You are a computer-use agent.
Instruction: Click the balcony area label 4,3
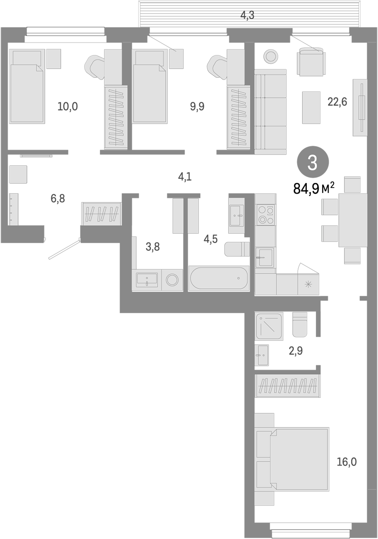(x=247, y=15)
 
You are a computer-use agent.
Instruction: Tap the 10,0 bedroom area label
(x=68, y=106)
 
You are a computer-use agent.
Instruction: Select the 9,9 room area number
(x=197, y=106)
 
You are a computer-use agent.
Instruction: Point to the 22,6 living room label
(x=337, y=102)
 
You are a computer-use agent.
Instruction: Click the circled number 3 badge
(x=313, y=163)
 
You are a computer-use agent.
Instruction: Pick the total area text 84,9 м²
(x=314, y=189)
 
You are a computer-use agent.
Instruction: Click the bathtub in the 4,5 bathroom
(x=219, y=278)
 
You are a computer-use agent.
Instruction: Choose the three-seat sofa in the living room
(x=270, y=111)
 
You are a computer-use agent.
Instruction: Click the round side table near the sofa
(x=270, y=56)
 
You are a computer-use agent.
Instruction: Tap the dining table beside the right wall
(x=353, y=220)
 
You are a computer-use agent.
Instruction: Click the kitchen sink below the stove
(x=265, y=257)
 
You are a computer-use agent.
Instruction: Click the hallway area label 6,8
(x=58, y=198)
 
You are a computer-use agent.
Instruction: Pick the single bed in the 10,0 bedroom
(x=27, y=86)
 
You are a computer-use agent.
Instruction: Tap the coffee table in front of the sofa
(x=311, y=108)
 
